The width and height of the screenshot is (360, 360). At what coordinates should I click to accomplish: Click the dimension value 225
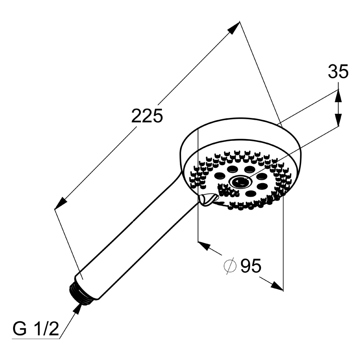[x=147, y=116]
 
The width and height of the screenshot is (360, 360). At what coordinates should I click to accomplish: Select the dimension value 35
[x=338, y=72]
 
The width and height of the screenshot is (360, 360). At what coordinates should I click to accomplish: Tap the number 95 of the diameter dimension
[x=251, y=265]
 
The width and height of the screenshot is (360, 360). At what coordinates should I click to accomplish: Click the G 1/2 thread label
[x=36, y=329]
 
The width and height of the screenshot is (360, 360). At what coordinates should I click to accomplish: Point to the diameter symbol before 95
[x=230, y=266]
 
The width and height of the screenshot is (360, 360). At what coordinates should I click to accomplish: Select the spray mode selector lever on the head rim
[x=208, y=199]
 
